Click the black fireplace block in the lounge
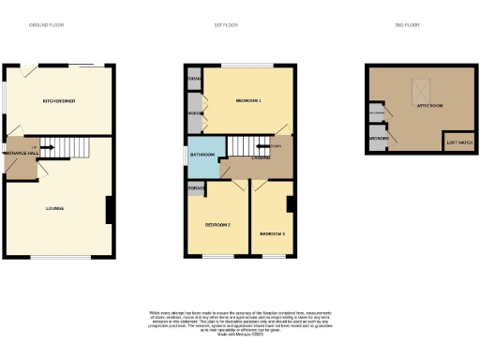[x=110, y=209]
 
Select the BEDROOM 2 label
[x=217, y=226]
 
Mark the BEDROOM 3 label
[x=273, y=233]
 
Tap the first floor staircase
[x=248, y=145]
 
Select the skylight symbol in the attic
[x=418, y=91]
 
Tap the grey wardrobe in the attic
[x=379, y=141]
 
